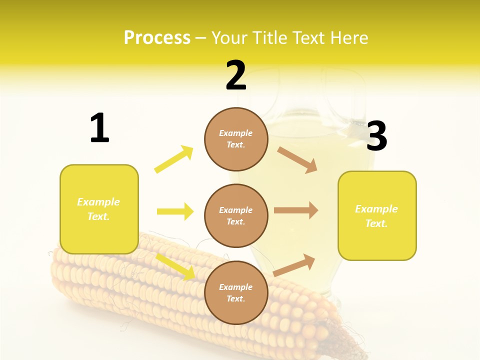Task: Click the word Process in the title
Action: pos(157,37)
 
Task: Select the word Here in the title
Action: pos(349,37)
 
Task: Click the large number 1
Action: pos(99,128)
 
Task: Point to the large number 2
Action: pos(236,75)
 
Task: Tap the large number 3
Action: pos(376,136)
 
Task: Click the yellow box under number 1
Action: pos(99,209)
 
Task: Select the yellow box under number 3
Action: pos(377,215)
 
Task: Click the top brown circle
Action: pos(236,139)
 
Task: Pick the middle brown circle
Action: pos(236,215)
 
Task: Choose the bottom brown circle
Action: pos(236,292)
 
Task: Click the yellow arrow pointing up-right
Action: pos(174,159)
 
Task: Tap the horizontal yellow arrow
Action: pos(175,211)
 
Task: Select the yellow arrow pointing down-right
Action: pos(175,266)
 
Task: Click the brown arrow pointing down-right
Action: pos(297,159)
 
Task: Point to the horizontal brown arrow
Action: pos(296,210)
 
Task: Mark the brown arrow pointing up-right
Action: pos(294,265)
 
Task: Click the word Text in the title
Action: pos(309,37)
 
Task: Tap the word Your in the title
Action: pos(229,37)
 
